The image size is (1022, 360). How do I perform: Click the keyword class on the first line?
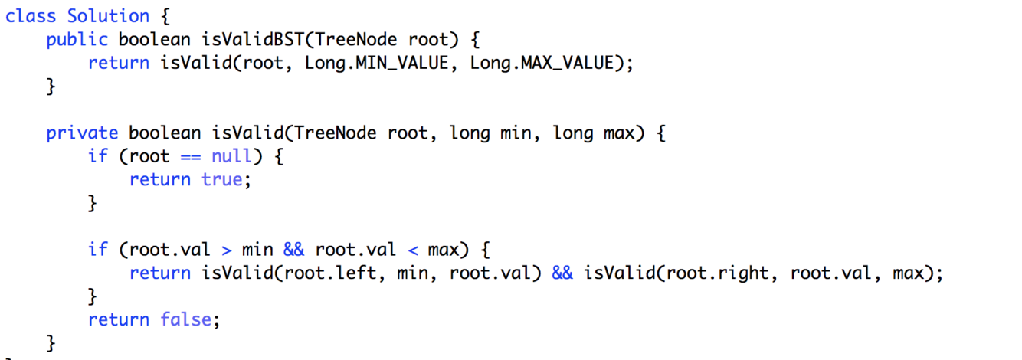coord(31,16)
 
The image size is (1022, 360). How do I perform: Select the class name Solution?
coord(108,16)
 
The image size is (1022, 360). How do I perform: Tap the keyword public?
coord(77,40)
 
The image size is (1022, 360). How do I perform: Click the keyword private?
coord(82,133)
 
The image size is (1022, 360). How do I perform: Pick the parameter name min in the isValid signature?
coord(516,133)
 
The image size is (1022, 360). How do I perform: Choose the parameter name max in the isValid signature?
coord(624,133)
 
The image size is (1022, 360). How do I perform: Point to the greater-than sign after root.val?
coord(227,250)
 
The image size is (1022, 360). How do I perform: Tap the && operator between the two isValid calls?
coord(562,273)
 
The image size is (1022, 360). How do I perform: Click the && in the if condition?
coord(293,250)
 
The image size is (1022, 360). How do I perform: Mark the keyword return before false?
coord(119,319)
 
